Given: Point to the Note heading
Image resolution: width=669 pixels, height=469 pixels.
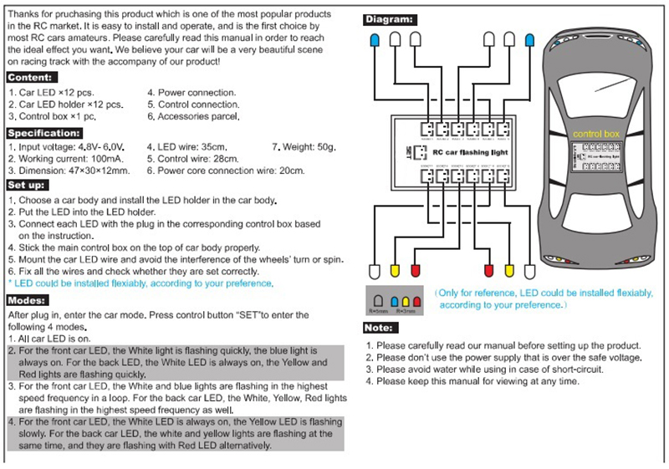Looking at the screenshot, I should (x=380, y=328).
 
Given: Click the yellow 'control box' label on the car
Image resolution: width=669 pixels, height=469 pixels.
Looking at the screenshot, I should (x=595, y=134).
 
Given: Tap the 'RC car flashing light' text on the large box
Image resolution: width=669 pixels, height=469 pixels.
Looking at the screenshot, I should (x=472, y=151).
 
